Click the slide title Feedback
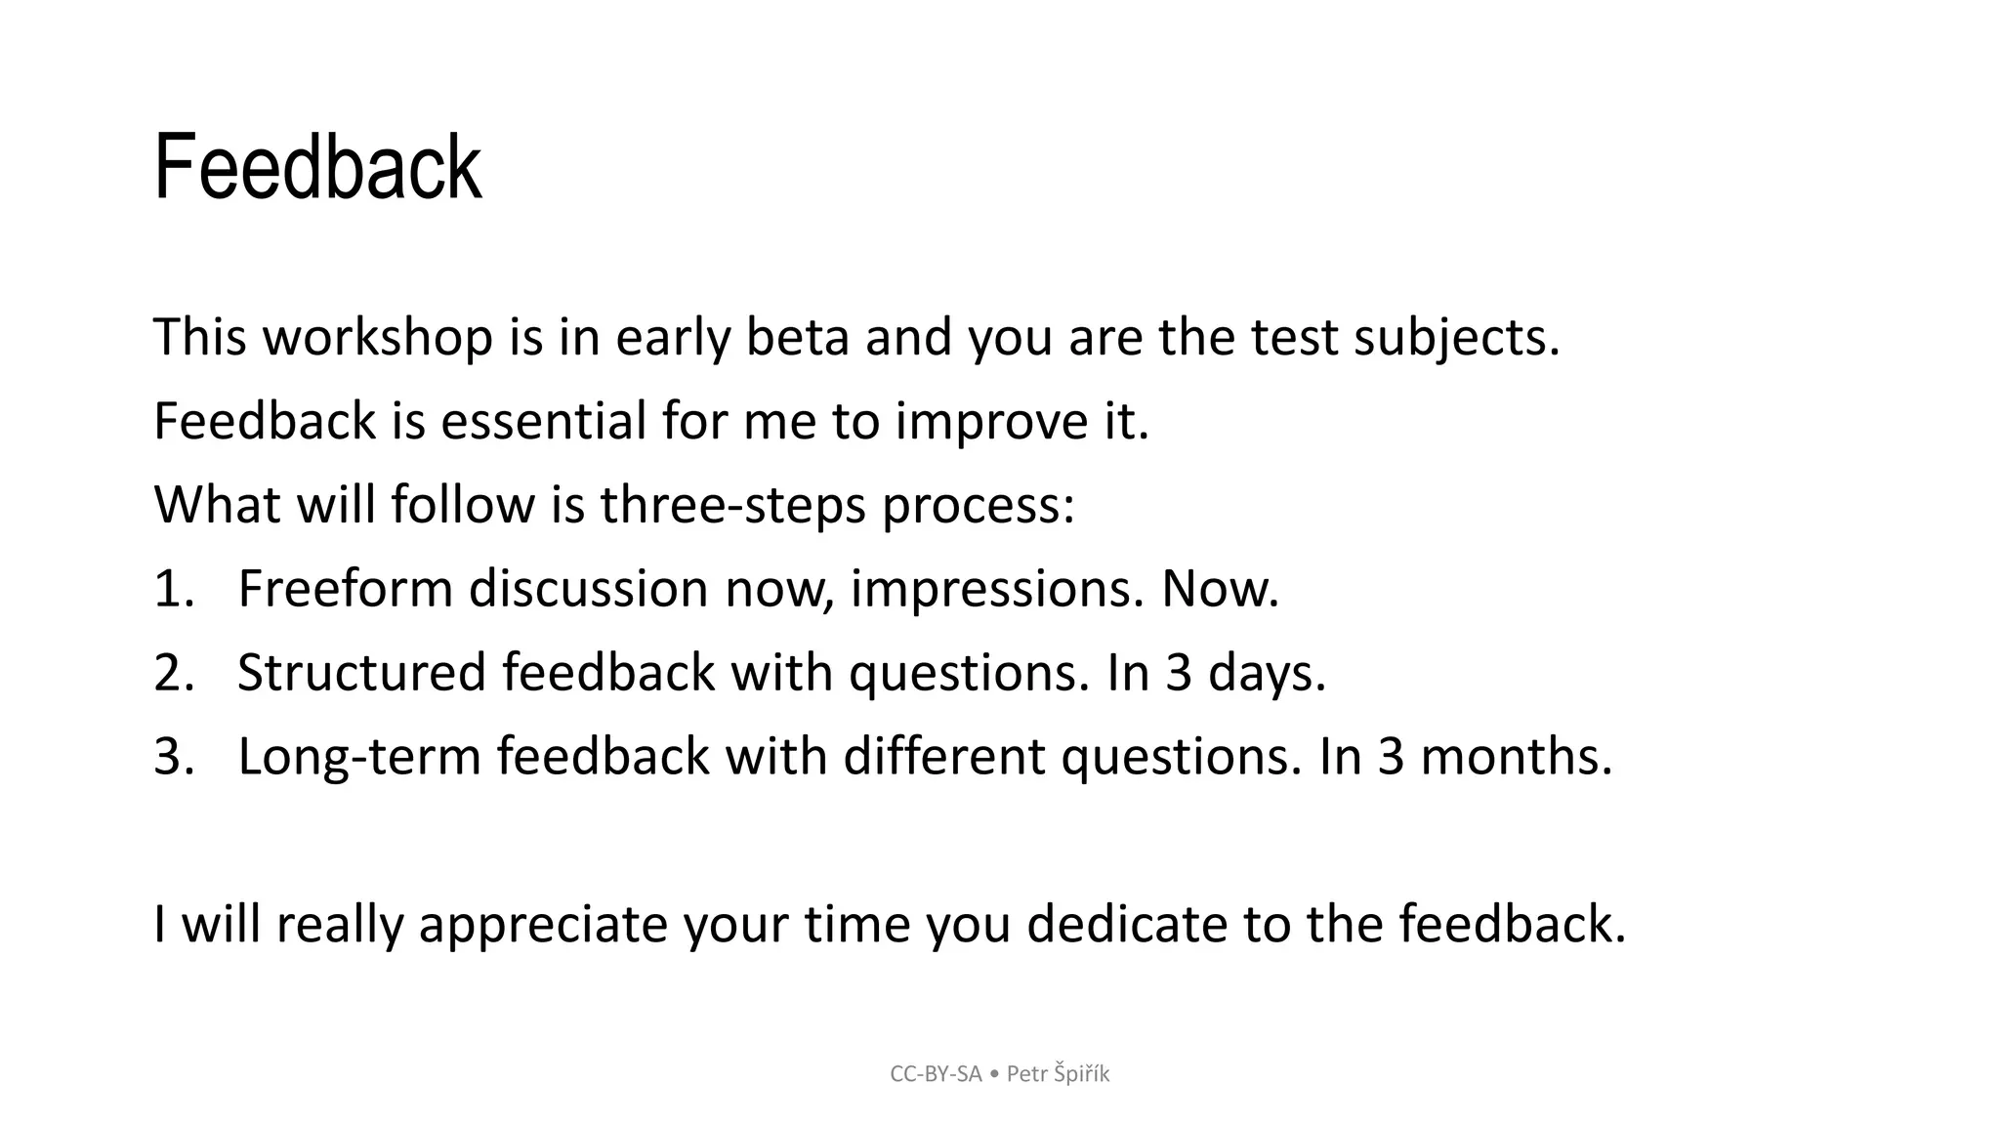point(317,168)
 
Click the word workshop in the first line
point(378,338)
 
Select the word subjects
point(1456,338)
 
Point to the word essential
point(543,422)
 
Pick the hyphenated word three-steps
point(732,506)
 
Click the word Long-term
point(359,758)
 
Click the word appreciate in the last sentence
point(542,925)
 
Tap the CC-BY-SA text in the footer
point(936,1074)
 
